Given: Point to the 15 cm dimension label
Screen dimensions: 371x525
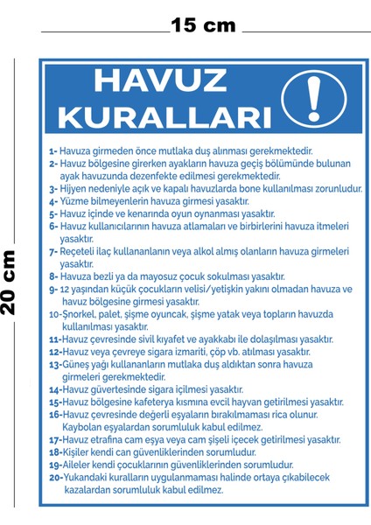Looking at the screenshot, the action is click(204, 25).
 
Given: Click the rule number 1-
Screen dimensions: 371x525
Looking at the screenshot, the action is click(52, 151).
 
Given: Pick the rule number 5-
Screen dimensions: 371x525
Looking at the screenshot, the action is click(52, 213).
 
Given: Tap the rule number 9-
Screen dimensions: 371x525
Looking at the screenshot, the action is click(52, 289).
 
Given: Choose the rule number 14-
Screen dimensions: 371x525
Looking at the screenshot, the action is click(54, 390).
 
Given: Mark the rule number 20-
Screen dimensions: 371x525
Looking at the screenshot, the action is click(54, 479).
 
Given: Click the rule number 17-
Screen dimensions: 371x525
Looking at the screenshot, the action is click(54, 440).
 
